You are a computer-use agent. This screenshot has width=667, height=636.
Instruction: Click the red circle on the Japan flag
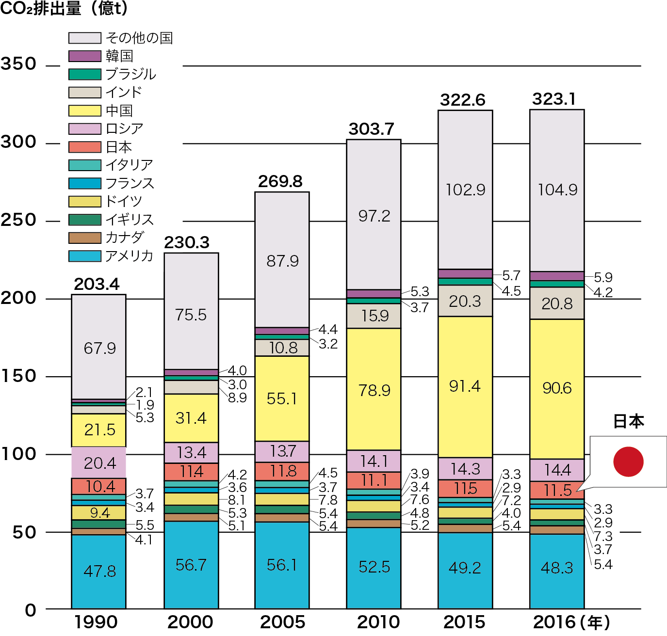[x=628, y=461]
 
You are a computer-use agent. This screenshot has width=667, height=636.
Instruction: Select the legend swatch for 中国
[x=85, y=111]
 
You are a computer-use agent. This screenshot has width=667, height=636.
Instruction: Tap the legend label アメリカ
[x=129, y=256]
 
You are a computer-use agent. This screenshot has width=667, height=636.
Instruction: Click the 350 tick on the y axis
[x=18, y=64]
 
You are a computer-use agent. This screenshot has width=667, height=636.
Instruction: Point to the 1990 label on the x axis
[x=96, y=622]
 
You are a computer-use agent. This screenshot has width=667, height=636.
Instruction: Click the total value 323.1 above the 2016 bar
[x=554, y=99]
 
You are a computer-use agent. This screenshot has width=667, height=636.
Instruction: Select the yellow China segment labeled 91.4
[x=465, y=386]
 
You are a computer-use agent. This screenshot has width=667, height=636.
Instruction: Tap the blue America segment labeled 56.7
[x=191, y=565]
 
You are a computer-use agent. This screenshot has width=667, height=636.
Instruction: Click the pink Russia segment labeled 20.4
[x=99, y=463]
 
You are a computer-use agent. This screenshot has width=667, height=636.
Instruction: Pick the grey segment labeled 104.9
[x=557, y=190]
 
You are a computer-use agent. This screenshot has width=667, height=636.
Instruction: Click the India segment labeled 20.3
[x=465, y=301]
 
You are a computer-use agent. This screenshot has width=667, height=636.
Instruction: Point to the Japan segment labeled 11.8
[x=282, y=471]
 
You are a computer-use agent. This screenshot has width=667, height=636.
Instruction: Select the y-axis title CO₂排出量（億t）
[x=64, y=9]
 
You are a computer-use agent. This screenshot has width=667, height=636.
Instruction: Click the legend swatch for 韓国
[x=85, y=56]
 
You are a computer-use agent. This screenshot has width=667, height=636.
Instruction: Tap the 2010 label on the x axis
[x=378, y=622]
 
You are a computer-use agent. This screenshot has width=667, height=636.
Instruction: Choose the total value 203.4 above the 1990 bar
[x=97, y=285]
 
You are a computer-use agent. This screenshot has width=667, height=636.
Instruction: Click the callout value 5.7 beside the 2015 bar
[x=511, y=276]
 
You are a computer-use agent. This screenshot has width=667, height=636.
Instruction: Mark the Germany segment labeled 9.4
[x=99, y=512]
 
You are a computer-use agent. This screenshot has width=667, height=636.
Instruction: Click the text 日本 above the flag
[x=628, y=421]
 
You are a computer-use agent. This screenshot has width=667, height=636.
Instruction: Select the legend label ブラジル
[x=130, y=74]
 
